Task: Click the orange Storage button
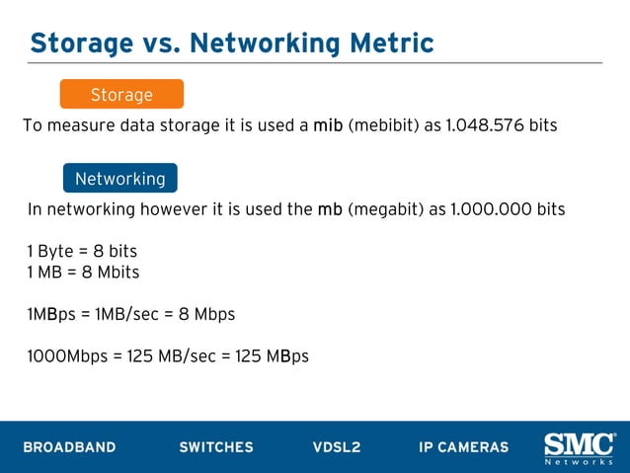point(121,95)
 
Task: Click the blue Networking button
point(120,179)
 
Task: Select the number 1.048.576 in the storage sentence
point(486,125)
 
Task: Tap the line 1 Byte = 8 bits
point(82,251)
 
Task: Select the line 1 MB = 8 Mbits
point(84,272)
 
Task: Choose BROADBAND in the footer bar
point(69,447)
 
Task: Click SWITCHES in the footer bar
point(216,447)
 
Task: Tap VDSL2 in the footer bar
point(337,447)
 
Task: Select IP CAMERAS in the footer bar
point(464,447)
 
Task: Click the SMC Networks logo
point(580,447)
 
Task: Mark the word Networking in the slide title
point(256,43)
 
